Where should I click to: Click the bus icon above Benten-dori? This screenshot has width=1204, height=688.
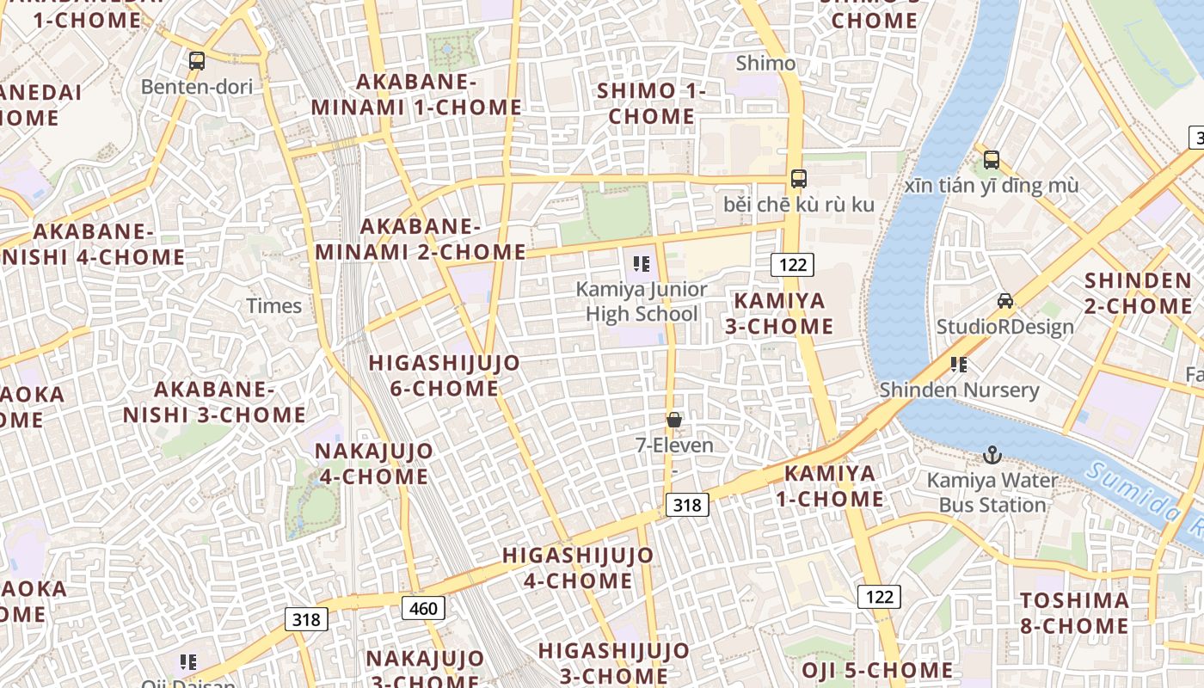(197, 60)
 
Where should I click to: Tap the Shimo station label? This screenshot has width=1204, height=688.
(766, 63)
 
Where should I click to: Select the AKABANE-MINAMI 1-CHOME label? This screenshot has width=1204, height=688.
(416, 95)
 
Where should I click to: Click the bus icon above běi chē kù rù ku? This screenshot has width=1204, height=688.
(799, 178)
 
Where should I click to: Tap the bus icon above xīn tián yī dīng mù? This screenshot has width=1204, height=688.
(992, 159)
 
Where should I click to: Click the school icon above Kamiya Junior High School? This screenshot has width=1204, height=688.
(641, 263)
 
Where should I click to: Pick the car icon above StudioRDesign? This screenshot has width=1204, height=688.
(1004, 300)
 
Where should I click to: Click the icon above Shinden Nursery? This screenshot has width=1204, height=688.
(959, 364)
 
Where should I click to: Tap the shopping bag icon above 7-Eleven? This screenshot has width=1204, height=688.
(674, 420)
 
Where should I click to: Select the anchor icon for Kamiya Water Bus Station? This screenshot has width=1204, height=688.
(992, 454)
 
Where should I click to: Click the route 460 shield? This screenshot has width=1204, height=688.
(423, 609)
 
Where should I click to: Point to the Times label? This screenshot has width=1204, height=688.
(274, 305)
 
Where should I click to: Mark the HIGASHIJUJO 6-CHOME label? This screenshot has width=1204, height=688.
(445, 375)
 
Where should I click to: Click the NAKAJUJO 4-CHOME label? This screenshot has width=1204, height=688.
(374, 463)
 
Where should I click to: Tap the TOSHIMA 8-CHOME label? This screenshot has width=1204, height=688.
(1074, 612)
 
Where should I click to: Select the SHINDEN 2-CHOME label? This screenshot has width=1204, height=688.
(1138, 292)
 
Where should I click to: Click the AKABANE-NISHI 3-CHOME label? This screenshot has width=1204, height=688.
(214, 402)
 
